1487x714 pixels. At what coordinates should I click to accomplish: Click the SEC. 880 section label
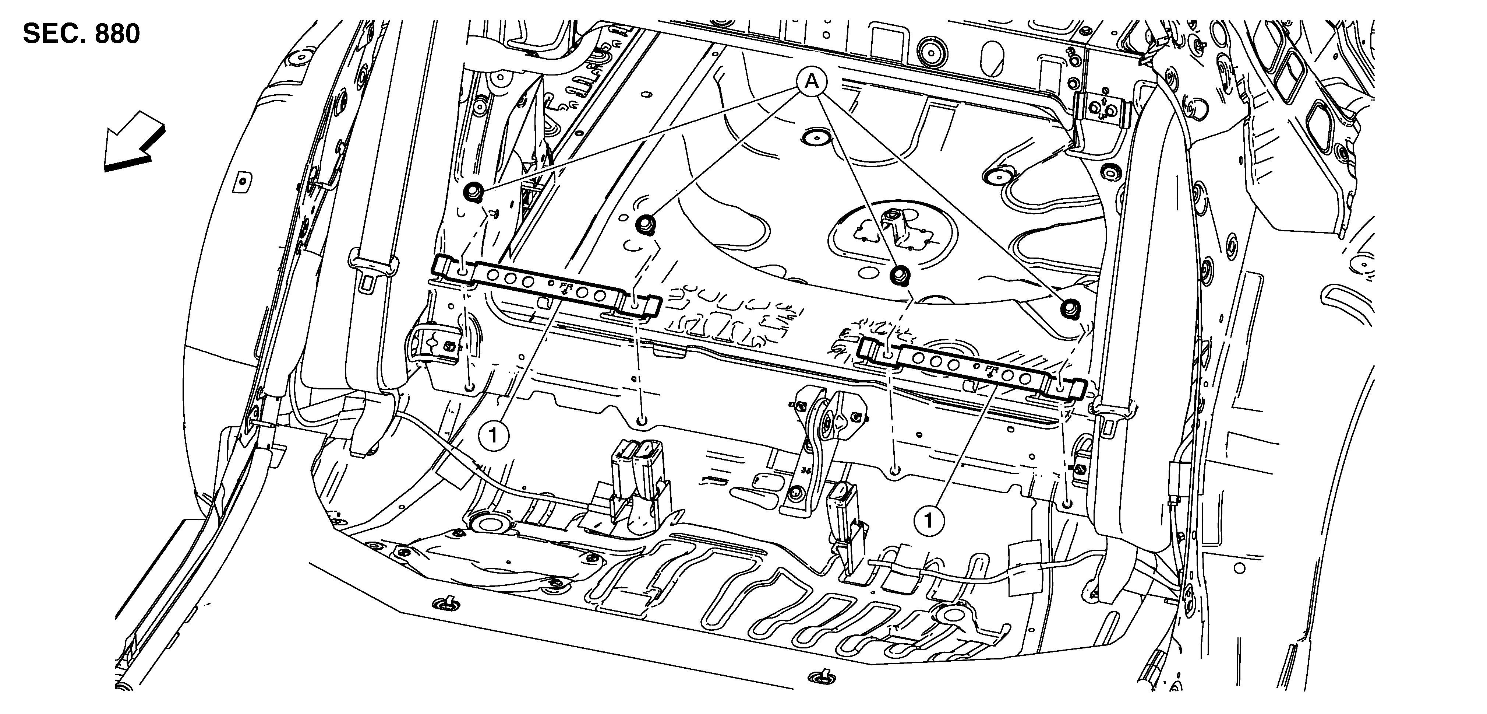click(x=81, y=35)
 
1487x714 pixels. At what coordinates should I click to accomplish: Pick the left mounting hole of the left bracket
click(x=463, y=271)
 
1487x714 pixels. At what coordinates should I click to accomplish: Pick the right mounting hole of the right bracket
click(x=1061, y=390)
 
